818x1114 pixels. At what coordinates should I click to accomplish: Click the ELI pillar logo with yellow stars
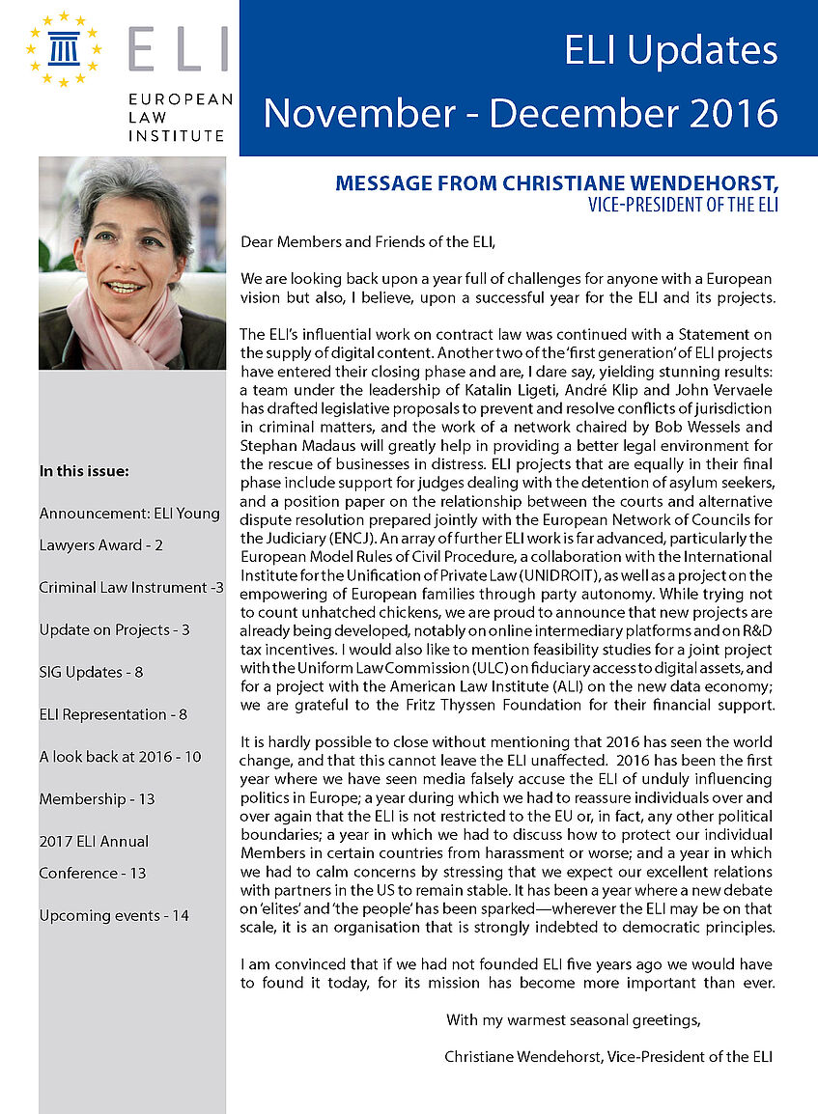tap(65, 48)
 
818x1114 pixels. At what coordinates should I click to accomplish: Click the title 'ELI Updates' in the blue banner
tap(671, 50)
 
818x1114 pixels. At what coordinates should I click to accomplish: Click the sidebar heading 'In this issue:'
tap(84, 472)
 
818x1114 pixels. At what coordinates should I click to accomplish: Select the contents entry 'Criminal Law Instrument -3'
tap(131, 587)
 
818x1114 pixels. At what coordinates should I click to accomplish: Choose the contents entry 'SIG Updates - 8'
tap(91, 672)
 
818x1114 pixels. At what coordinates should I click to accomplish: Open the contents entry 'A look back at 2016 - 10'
tap(120, 757)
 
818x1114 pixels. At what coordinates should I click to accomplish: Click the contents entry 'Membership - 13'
tap(97, 799)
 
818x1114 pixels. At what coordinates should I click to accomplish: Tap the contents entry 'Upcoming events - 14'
tap(114, 915)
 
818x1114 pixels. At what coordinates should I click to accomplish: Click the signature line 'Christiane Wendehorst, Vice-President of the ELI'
tap(607, 1057)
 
